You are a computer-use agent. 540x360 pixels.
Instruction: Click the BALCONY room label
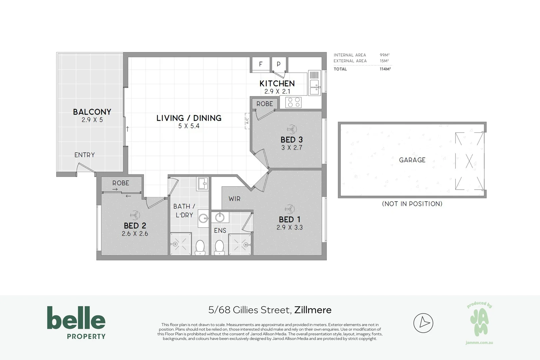(x=92, y=112)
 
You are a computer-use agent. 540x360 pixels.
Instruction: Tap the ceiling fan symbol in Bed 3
(x=291, y=129)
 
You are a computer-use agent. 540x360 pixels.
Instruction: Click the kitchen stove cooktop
(x=293, y=102)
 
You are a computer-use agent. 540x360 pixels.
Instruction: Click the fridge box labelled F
(x=261, y=64)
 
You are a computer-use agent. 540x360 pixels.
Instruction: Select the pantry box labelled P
(x=279, y=64)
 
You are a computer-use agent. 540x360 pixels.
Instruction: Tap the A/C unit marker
(x=247, y=121)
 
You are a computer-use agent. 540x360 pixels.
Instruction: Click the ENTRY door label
(x=84, y=155)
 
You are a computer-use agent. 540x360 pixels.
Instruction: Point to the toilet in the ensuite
(x=219, y=248)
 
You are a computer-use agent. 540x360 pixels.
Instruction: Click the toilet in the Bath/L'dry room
(x=200, y=248)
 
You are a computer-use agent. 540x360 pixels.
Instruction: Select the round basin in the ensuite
(x=220, y=218)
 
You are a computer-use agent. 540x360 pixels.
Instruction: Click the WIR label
(x=234, y=199)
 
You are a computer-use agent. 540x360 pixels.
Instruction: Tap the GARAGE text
(x=412, y=160)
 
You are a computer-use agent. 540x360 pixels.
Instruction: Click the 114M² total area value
(x=385, y=69)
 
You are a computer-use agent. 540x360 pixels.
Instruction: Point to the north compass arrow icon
(x=423, y=323)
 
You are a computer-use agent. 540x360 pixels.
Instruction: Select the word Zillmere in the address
(x=313, y=310)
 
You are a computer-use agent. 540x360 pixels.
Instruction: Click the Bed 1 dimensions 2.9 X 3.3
(x=289, y=227)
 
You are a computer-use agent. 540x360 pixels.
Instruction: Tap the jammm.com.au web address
(x=479, y=342)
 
